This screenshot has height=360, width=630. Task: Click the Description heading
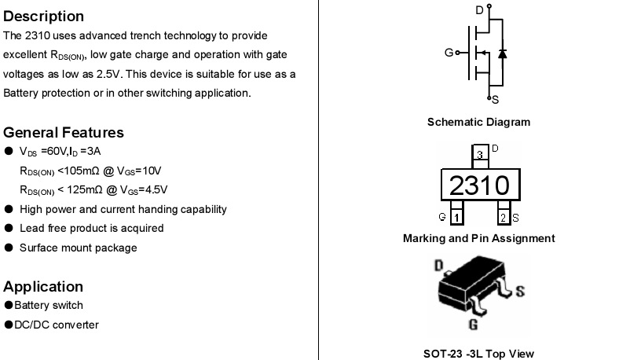43,17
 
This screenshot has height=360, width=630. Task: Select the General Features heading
64,132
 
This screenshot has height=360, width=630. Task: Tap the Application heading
43,287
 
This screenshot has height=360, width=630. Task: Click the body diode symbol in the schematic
502,53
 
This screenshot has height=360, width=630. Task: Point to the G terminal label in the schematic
449,53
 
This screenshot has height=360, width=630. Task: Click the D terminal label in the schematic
479,10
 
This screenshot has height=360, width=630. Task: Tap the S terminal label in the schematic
496,100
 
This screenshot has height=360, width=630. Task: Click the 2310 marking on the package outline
479,186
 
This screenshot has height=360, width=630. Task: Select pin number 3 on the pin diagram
480,155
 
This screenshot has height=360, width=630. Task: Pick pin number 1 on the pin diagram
456,218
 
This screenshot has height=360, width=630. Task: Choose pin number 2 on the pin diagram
503,218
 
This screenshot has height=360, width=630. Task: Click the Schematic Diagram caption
478,122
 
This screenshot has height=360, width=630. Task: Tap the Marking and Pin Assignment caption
479,238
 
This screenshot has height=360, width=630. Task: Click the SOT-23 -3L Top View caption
478,354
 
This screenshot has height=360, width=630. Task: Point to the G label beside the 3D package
474,324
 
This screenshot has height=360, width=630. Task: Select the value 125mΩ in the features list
85,190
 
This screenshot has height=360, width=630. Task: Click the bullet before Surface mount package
9,248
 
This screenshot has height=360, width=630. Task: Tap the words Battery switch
49,305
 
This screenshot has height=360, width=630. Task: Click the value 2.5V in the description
109,75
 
